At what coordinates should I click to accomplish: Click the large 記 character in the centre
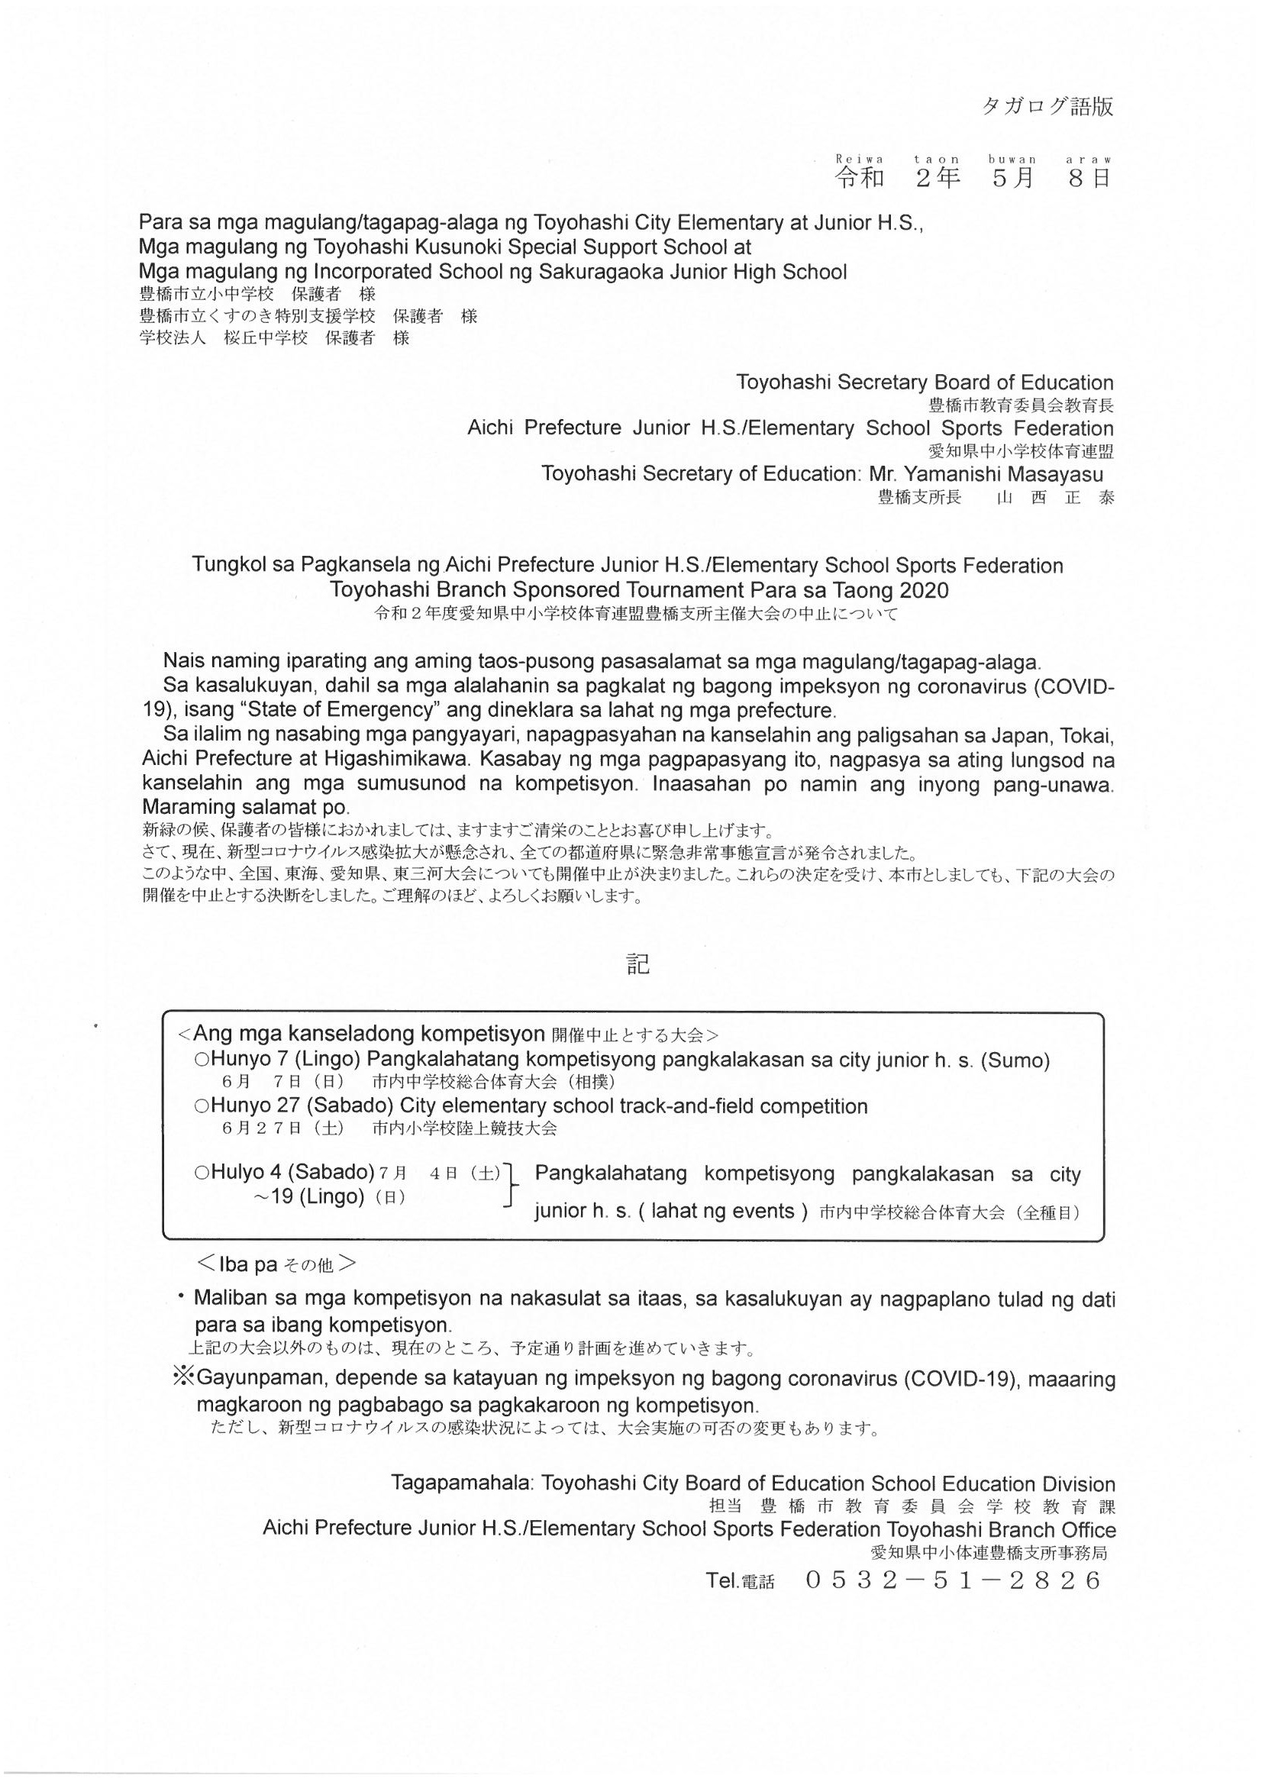(637, 964)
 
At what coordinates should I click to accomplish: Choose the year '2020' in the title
(924, 590)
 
